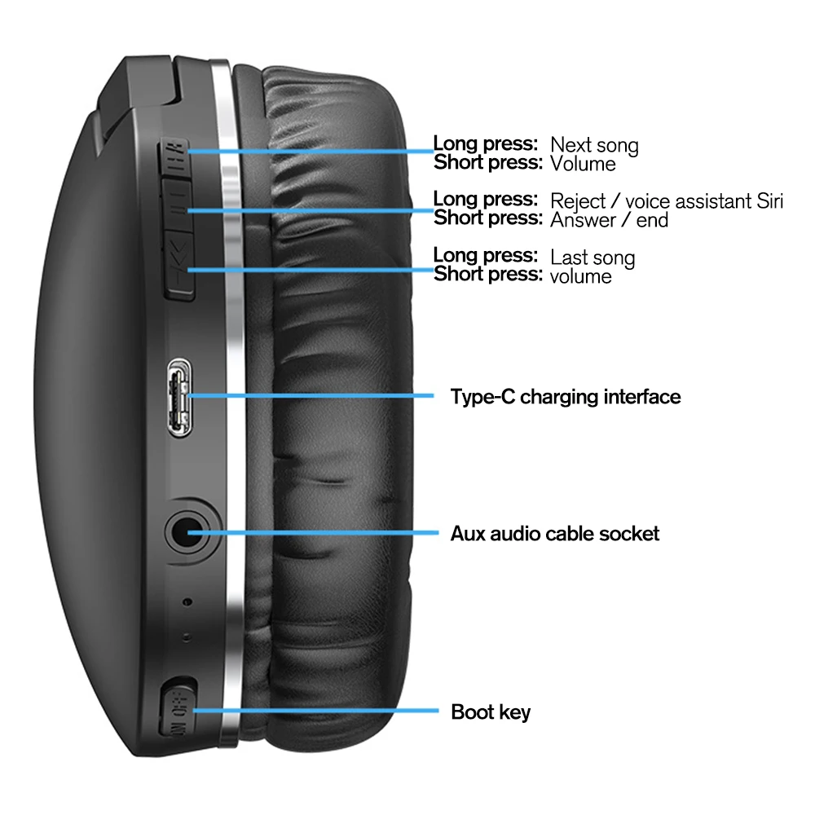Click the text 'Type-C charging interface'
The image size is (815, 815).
click(566, 397)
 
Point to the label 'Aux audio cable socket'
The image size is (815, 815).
click(555, 534)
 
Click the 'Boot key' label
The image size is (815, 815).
click(491, 711)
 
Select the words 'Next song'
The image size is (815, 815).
click(594, 146)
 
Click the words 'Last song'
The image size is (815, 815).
click(593, 258)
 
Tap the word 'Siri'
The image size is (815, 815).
click(768, 200)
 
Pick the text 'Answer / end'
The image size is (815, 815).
click(610, 220)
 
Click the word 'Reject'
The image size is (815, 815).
click(578, 200)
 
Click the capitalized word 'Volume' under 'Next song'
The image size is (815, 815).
click(583, 164)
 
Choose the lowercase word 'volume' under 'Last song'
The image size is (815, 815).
click(581, 276)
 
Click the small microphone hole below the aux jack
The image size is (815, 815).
click(188, 602)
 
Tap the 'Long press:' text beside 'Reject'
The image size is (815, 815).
click(486, 199)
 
